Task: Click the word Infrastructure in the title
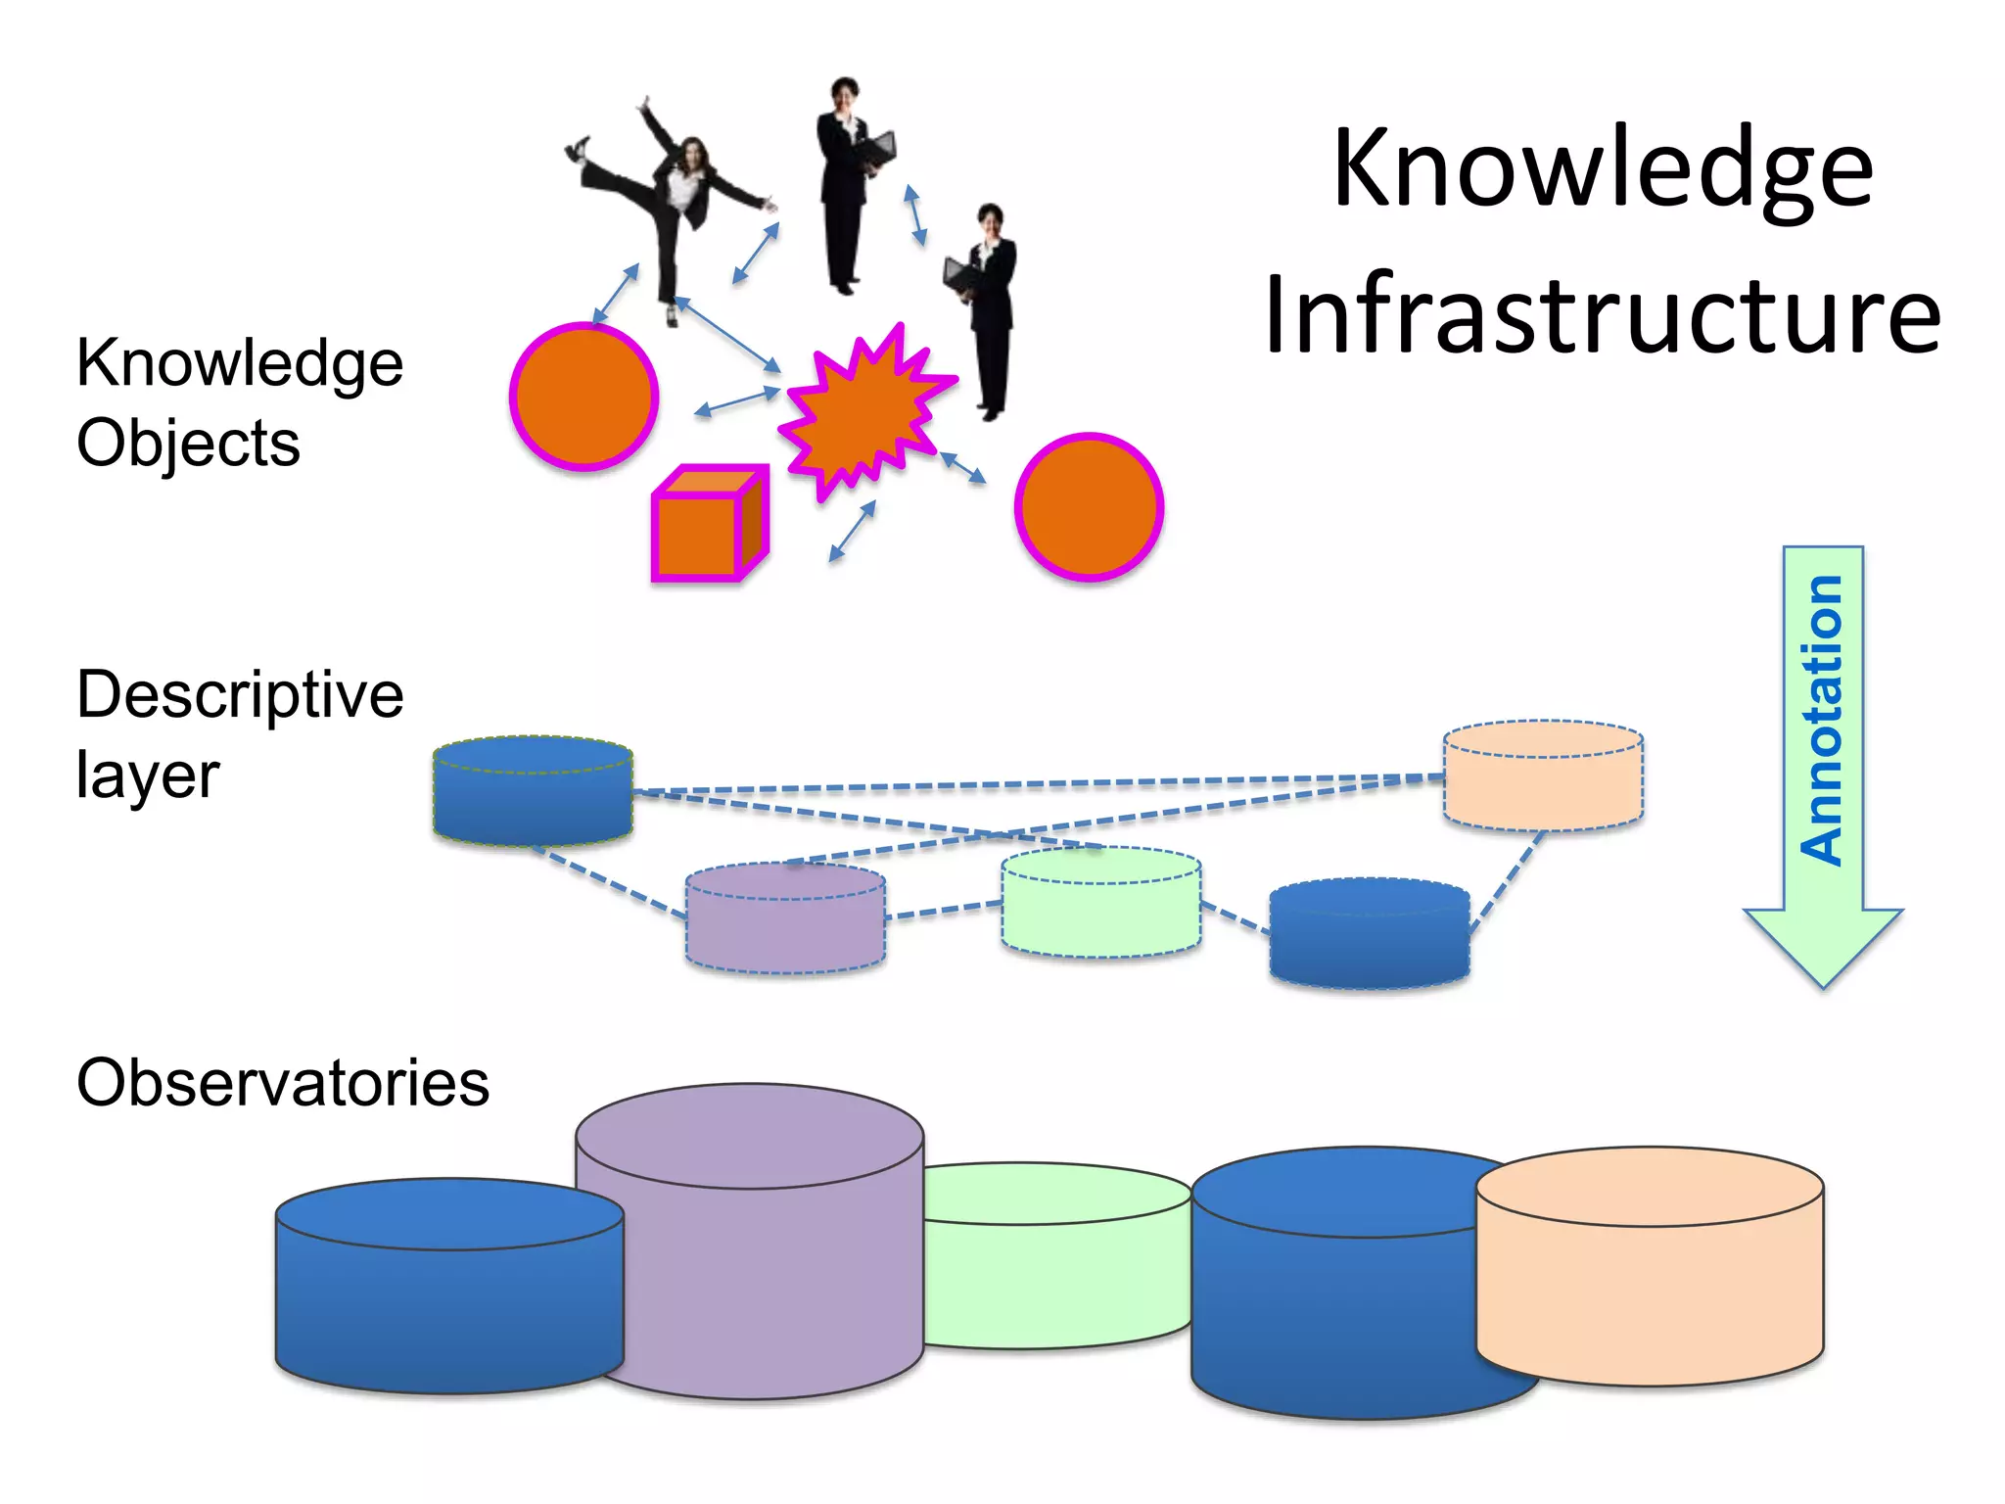1602,315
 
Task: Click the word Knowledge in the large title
1602,168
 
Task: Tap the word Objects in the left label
188,444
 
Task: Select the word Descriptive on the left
240,695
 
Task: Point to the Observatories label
283,1083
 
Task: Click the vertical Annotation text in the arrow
1822,721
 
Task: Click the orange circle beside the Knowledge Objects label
584,397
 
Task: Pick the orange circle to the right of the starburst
1089,506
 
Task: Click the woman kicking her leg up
676,196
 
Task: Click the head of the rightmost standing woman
990,217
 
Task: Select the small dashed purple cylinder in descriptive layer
785,920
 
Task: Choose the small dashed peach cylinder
1543,778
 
